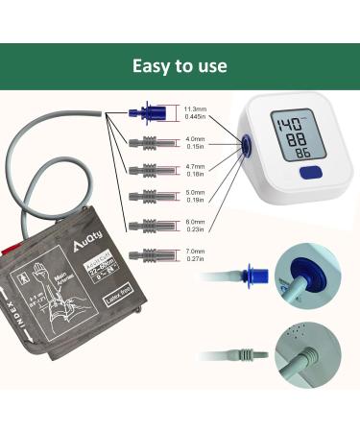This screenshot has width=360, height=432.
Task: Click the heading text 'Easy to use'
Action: [x=180, y=66]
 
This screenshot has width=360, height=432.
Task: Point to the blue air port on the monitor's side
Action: [x=246, y=144]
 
